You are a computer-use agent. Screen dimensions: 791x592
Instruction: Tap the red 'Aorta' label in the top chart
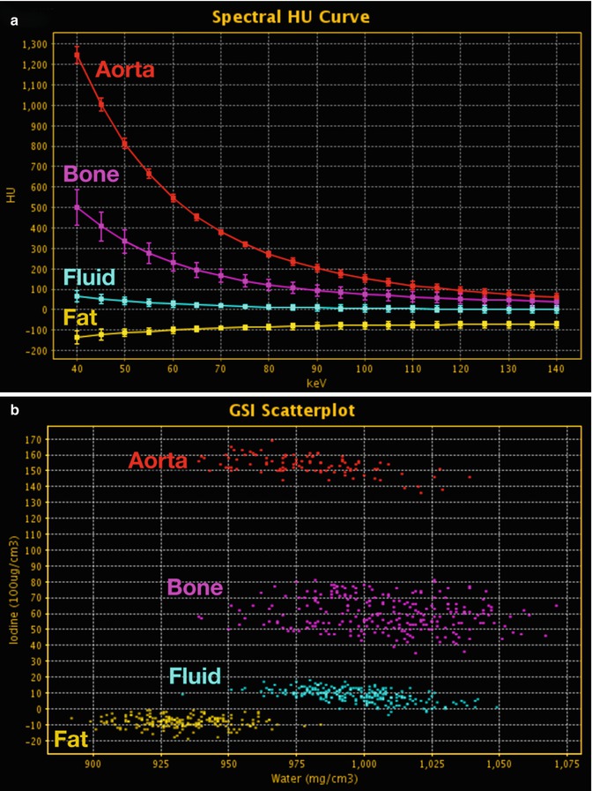click(125, 69)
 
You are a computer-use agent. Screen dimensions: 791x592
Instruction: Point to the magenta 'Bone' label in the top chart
click(92, 175)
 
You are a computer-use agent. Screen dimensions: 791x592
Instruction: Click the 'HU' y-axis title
click(11, 196)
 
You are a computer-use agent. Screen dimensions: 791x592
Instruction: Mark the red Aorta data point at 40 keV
click(77, 55)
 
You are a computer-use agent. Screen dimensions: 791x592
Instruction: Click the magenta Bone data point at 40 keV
click(77, 208)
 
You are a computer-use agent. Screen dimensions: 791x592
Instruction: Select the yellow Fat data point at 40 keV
click(77, 337)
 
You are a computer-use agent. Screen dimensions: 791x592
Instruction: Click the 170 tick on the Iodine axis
click(36, 438)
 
